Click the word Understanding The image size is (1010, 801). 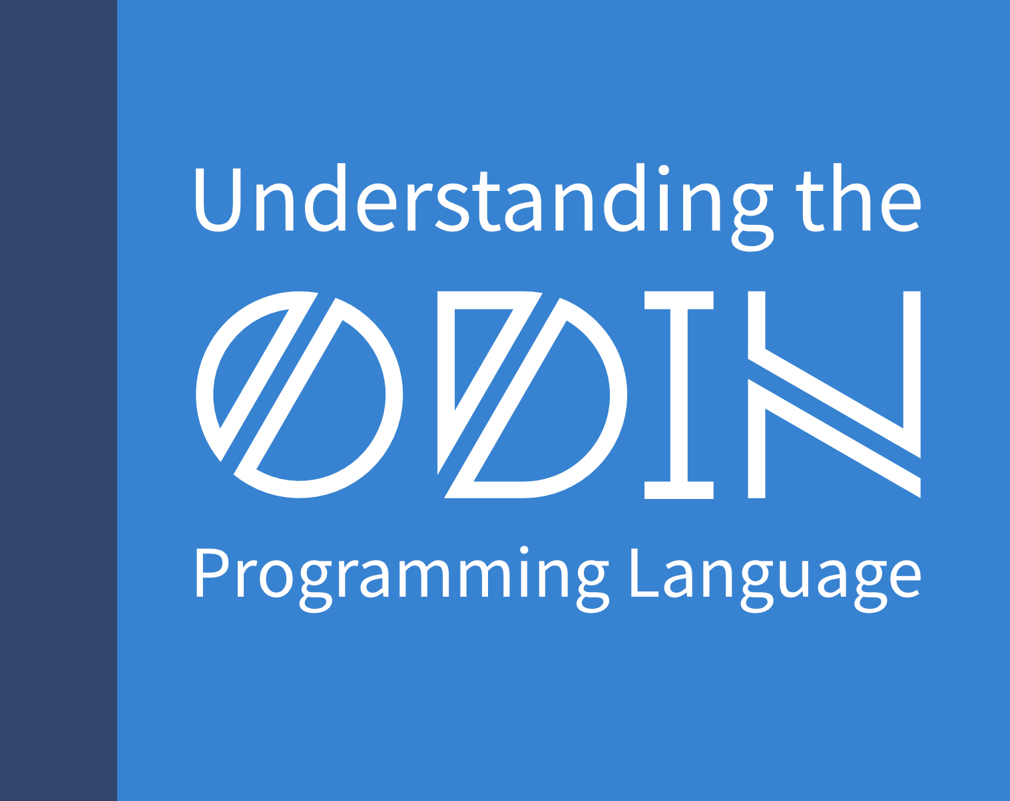pyautogui.click(x=484, y=207)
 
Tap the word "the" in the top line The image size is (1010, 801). pyautogui.click(x=858, y=198)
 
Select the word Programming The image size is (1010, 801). pyautogui.click(x=402, y=579)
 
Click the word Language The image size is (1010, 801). pyautogui.click(x=776, y=580)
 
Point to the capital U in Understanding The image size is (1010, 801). pyautogui.click(x=218, y=200)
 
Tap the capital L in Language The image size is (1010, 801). pyautogui.click(x=648, y=573)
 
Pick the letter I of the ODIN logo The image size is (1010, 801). pyautogui.click(x=678, y=395)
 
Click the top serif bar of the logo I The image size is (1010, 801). pyautogui.click(x=678, y=300)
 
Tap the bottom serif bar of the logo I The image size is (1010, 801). pyautogui.click(x=678, y=490)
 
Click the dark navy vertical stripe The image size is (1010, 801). pyautogui.click(x=58, y=400)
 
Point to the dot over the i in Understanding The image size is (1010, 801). pyautogui.click(x=664, y=170)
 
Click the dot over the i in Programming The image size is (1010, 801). pyautogui.click(x=524, y=551)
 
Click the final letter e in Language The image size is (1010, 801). pyautogui.click(x=901, y=580)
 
